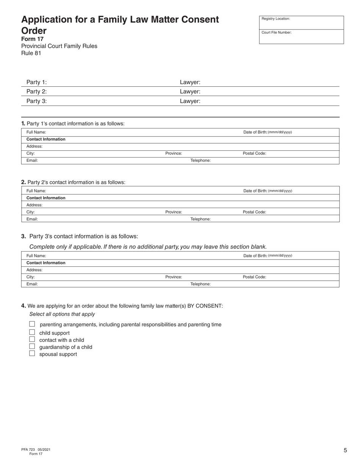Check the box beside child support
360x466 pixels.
(x=32, y=332)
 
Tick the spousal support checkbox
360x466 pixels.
(x=32, y=353)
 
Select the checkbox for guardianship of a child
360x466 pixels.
(x=32, y=346)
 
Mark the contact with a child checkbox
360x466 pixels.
(x=32, y=339)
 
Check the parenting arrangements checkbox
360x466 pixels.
(x=32, y=324)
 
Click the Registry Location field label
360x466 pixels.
(x=275, y=19)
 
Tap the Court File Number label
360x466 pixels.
(x=276, y=33)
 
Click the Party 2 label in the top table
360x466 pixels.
(x=36, y=91)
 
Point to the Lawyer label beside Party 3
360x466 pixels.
(x=190, y=101)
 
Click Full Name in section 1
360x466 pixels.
(x=36, y=132)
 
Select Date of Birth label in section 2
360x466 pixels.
(x=255, y=191)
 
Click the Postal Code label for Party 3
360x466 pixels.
(x=254, y=277)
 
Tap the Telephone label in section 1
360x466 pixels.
(x=200, y=161)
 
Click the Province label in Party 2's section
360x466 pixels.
(x=174, y=212)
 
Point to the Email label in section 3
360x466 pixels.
(x=32, y=284)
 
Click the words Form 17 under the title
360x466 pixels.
(x=32, y=39)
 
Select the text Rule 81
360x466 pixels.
(x=31, y=53)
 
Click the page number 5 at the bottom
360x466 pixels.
(x=345, y=450)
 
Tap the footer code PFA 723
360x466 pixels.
(x=28, y=450)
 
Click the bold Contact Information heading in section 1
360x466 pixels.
(x=46, y=139)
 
